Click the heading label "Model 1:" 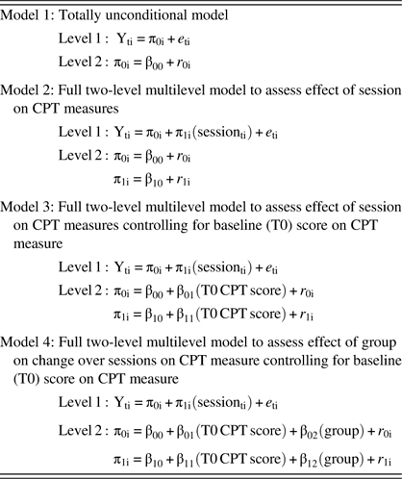pos(31,15)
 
